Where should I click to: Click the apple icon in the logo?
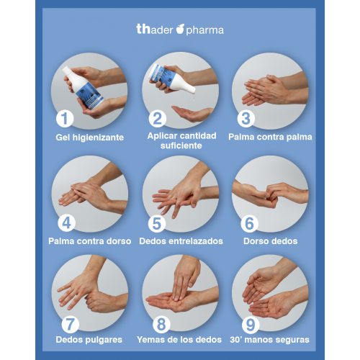click(x=180, y=29)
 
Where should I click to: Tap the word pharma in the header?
click(x=204, y=30)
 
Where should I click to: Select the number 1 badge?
click(x=65, y=119)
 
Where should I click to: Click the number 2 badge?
click(x=158, y=119)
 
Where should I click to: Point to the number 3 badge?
click(x=246, y=119)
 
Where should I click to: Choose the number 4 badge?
click(x=66, y=223)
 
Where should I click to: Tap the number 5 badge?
click(x=157, y=223)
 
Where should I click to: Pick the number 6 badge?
click(x=249, y=223)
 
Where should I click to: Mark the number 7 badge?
click(x=70, y=325)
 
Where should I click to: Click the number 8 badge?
click(x=161, y=325)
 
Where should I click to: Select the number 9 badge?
click(x=251, y=325)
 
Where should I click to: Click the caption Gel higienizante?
click(x=90, y=138)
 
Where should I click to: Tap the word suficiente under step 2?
click(x=181, y=145)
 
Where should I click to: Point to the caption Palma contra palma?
click(x=270, y=137)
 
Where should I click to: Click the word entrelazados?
click(x=199, y=241)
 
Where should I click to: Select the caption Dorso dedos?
click(x=271, y=241)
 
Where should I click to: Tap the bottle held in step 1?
click(x=83, y=88)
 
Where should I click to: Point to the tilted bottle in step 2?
click(x=172, y=78)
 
